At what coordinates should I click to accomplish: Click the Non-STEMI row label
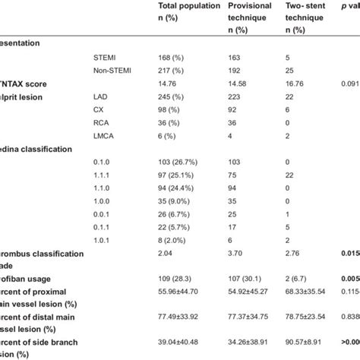(109, 71)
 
